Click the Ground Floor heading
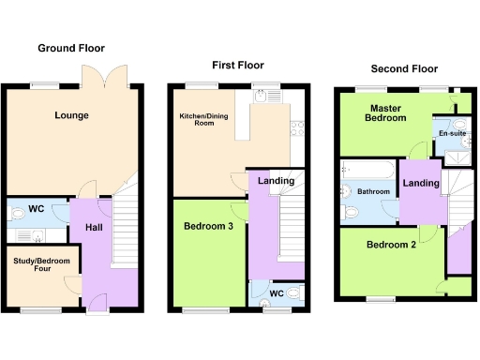(x=71, y=48)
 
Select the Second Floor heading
(x=404, y=68)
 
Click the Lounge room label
(x=71, y=116)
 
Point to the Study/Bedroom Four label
(x=37, y=258)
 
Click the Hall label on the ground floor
(x=94, y=228)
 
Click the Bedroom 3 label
(x=208, y=227)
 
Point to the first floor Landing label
(x=276, y=181)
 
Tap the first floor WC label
(x=276, y=294)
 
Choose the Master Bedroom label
(x=386, y=112)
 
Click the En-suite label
(x=451, y=134)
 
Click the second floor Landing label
(x=420, y=183)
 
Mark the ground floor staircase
(x=126, y=225)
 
